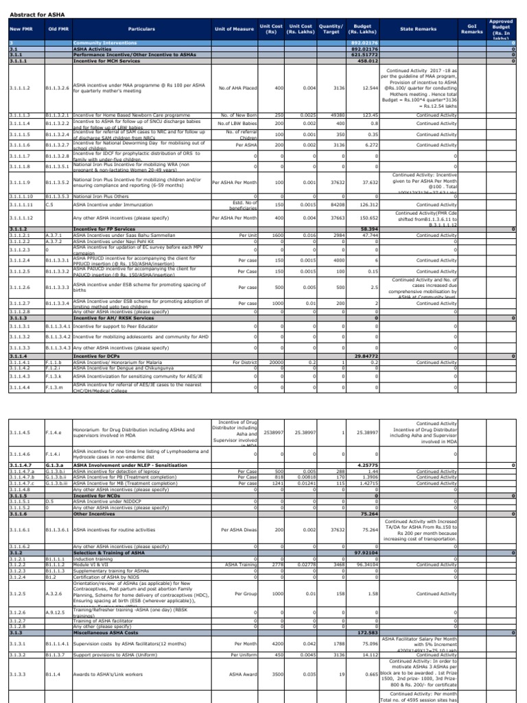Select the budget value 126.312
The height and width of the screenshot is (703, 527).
[369, 205]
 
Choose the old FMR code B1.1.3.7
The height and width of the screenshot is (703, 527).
[57, 654]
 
